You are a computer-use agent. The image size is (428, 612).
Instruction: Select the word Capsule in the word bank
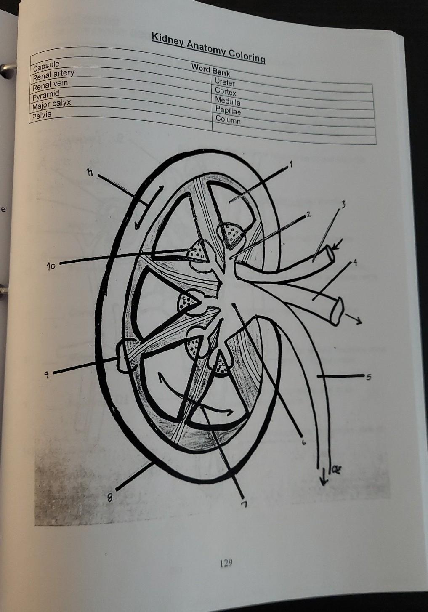pos(46,65)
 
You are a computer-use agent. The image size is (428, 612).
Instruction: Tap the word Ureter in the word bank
pos(224,82)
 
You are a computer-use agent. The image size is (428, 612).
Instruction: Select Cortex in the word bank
pos(225,92)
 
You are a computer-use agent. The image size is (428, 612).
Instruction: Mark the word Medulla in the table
pos(227,101)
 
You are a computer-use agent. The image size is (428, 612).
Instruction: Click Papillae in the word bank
pos(228,111)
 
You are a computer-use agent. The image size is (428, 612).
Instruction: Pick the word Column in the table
pos(228,120)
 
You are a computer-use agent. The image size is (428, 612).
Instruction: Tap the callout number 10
pos(51,267)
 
